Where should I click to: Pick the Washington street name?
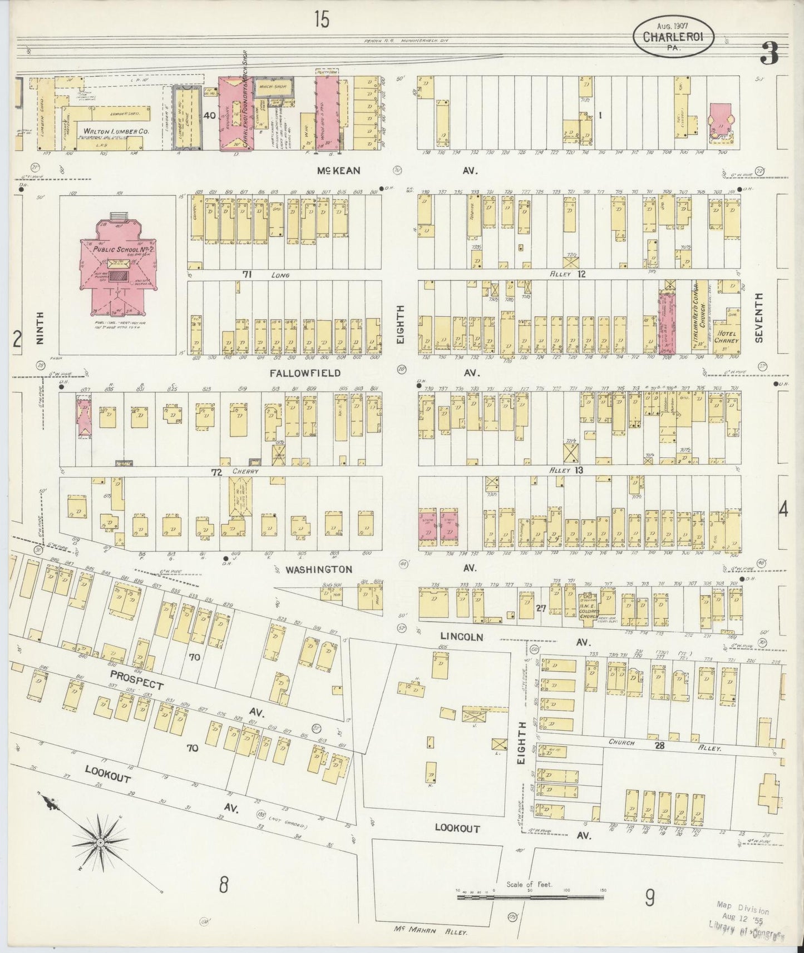318,569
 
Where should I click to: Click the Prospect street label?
136,679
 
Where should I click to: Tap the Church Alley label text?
622,742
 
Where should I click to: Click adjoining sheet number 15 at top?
321,20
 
